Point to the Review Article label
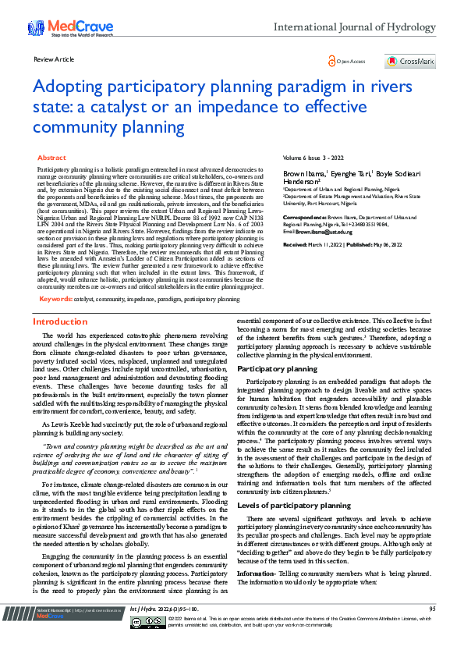click(x=54, y=59)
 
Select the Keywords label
click(x=55, y=277)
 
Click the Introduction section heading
click(x=60, y=300)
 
